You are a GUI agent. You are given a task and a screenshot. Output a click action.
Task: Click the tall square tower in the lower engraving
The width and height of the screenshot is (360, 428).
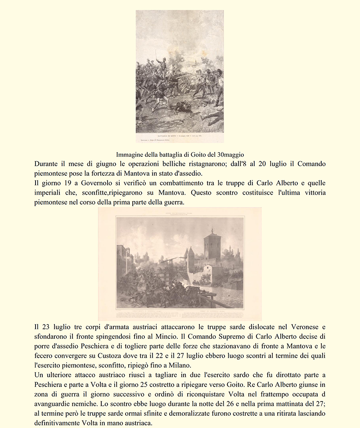click(212, 246)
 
